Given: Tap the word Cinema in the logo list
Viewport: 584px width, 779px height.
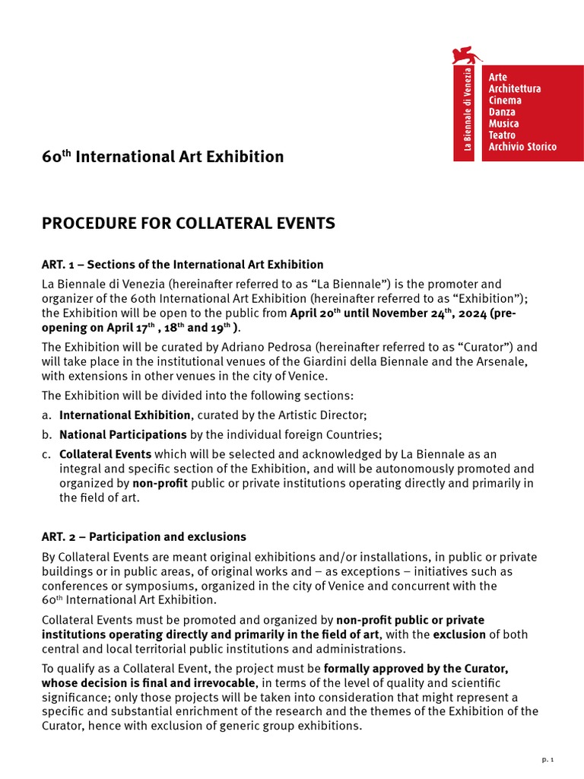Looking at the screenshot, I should click(x=505, y=100).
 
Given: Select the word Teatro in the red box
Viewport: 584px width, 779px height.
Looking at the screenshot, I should click(x=502, y=135).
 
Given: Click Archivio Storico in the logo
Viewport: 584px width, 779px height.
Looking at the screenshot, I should click(x=522, y=146).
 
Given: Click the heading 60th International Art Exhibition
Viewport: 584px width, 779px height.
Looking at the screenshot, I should click(x=163, y=157).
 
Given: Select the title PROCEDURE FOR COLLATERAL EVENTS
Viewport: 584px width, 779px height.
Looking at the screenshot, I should click(x=189, y=224).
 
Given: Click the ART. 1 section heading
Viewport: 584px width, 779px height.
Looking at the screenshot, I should click(x=182, y=265).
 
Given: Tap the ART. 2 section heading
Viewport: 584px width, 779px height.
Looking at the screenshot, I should click(x=144, y=537).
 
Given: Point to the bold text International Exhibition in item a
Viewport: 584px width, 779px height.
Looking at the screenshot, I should click(x=125, y=415).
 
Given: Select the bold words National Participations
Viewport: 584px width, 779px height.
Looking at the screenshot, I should click(x=123, y=434).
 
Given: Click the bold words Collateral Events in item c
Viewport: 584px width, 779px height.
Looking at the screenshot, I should click(x=106, y=454).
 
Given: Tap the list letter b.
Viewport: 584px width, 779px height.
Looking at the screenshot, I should click(x=46, y=434).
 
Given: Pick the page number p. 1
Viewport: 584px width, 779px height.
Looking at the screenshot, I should click(x=547, y=759).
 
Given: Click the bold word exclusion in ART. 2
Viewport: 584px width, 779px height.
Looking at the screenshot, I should click(x=460, y=634).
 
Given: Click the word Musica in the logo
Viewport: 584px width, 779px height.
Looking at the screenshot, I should click(x=504, y=123).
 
